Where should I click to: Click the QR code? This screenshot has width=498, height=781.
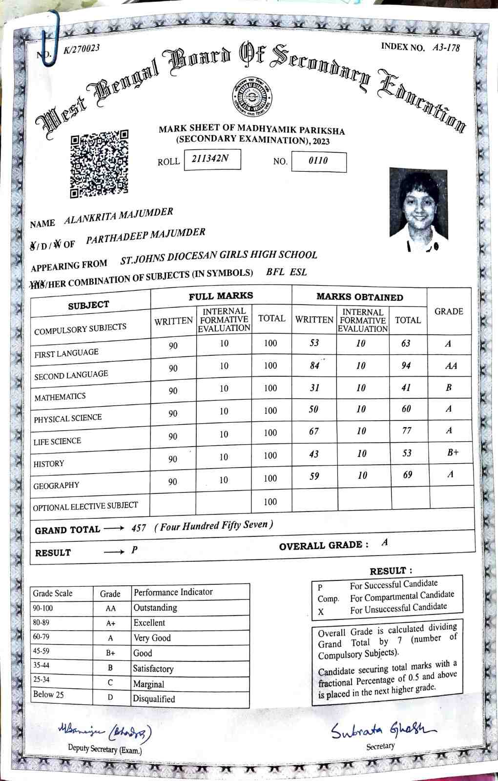click(x=99, y=163)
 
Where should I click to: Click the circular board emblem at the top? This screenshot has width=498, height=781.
click(x=252, y=95)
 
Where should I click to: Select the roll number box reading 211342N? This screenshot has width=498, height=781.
click(x=212, y=159)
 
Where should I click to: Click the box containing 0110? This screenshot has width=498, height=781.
click(x=318, y=161)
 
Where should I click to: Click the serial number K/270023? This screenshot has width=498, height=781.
click(x=82, y=48)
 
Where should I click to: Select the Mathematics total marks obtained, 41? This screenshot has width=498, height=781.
click(x=406, y=388)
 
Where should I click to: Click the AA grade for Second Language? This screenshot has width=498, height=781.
click(x=451, y=366)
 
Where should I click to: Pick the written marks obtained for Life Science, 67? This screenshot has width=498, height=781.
click(x=314, y=432)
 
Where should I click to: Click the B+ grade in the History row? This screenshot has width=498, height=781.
click(x=453, y=452)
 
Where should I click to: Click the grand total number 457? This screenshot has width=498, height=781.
click(x=139, y=529)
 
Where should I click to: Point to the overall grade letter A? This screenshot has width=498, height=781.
click(x=385, y=542)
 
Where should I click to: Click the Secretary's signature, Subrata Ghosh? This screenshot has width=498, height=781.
click(x=383, y=730)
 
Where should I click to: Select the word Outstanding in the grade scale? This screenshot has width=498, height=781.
click(x=155, y=608)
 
